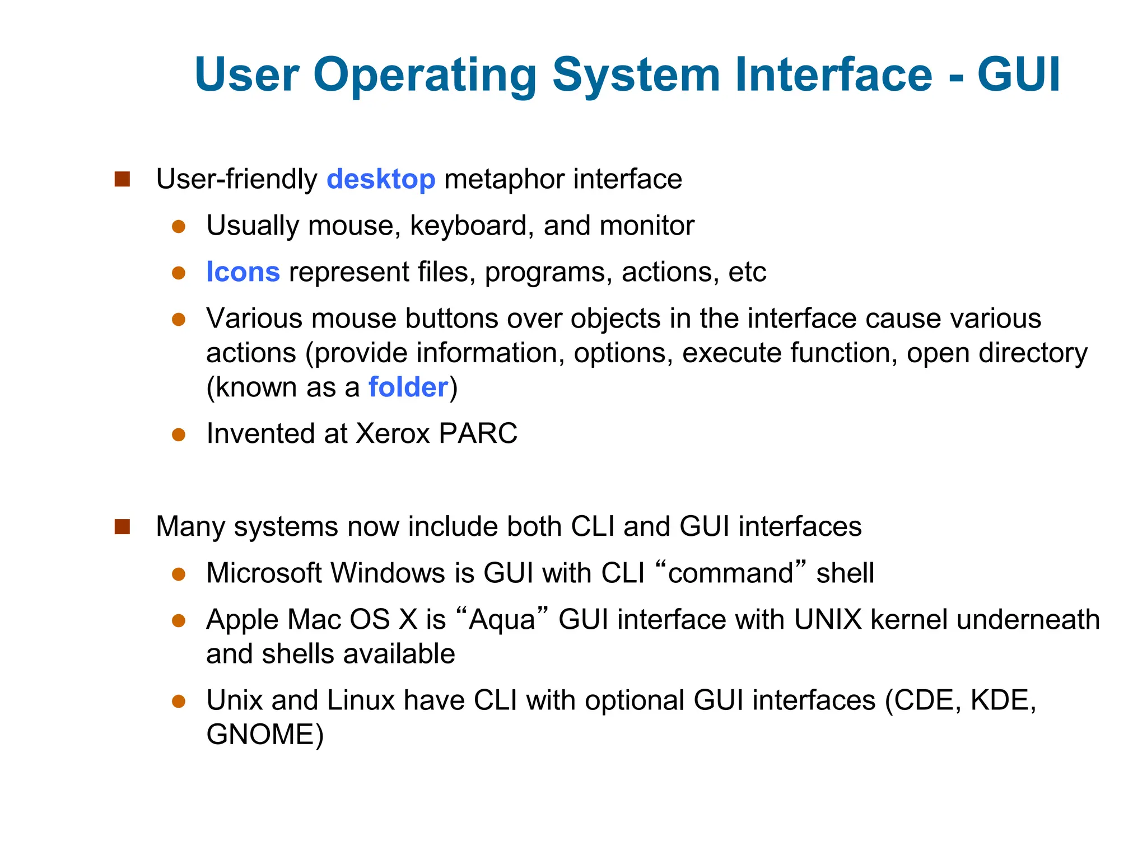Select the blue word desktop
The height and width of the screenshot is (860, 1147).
click(x=381, y=179)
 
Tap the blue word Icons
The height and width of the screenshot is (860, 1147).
click(x=243, y=272)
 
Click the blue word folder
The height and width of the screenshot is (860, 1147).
click(x=408, y=387)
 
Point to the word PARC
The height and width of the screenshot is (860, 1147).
click(x=478, y=433)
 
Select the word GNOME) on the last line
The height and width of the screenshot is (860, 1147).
click(x=265, y=735)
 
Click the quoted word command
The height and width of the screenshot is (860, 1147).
click(x=731, y=573)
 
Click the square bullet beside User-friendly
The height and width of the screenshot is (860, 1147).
click(x=122, y=180)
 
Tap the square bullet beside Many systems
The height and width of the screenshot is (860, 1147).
click(x=122, y=527)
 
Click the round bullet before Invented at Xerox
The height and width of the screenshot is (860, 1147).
click(x=179, y=435)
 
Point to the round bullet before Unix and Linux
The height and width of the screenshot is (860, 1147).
click(x=179, y=702)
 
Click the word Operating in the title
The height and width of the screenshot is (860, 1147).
click(x=425, y=76)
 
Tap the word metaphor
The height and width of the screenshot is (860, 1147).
click(x=504, y=180)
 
